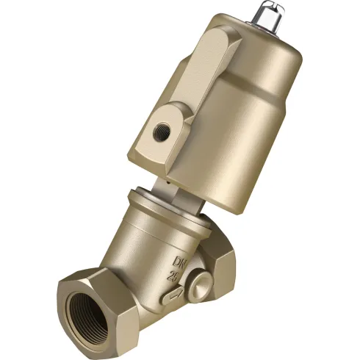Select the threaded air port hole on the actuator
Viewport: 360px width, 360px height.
point(161,133)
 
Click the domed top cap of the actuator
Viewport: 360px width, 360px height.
point(250,44)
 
